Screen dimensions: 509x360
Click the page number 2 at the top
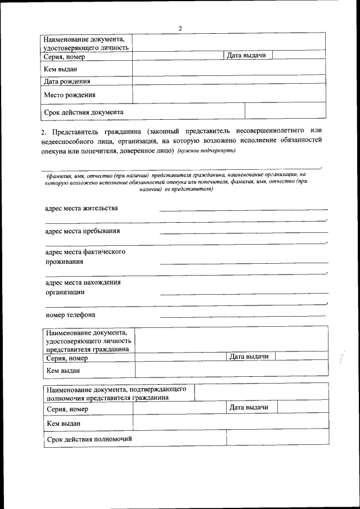(x=180, y=28)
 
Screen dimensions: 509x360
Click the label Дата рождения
(x=68, y=82)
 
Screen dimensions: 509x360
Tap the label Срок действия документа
(x=84, y=112)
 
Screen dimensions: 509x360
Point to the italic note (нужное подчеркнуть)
(x=206, y=151)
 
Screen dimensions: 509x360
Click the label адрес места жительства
(x=82, y=208)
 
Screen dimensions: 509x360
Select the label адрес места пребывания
(x=82, y=231)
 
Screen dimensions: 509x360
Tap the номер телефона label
(x=70, y=314)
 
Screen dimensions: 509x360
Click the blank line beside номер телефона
(x=243, y=316)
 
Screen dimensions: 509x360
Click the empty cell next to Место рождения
(x=229, y=94)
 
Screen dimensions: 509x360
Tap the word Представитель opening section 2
(x=70, y=131)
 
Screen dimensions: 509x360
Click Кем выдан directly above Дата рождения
(x=60, y=69)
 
